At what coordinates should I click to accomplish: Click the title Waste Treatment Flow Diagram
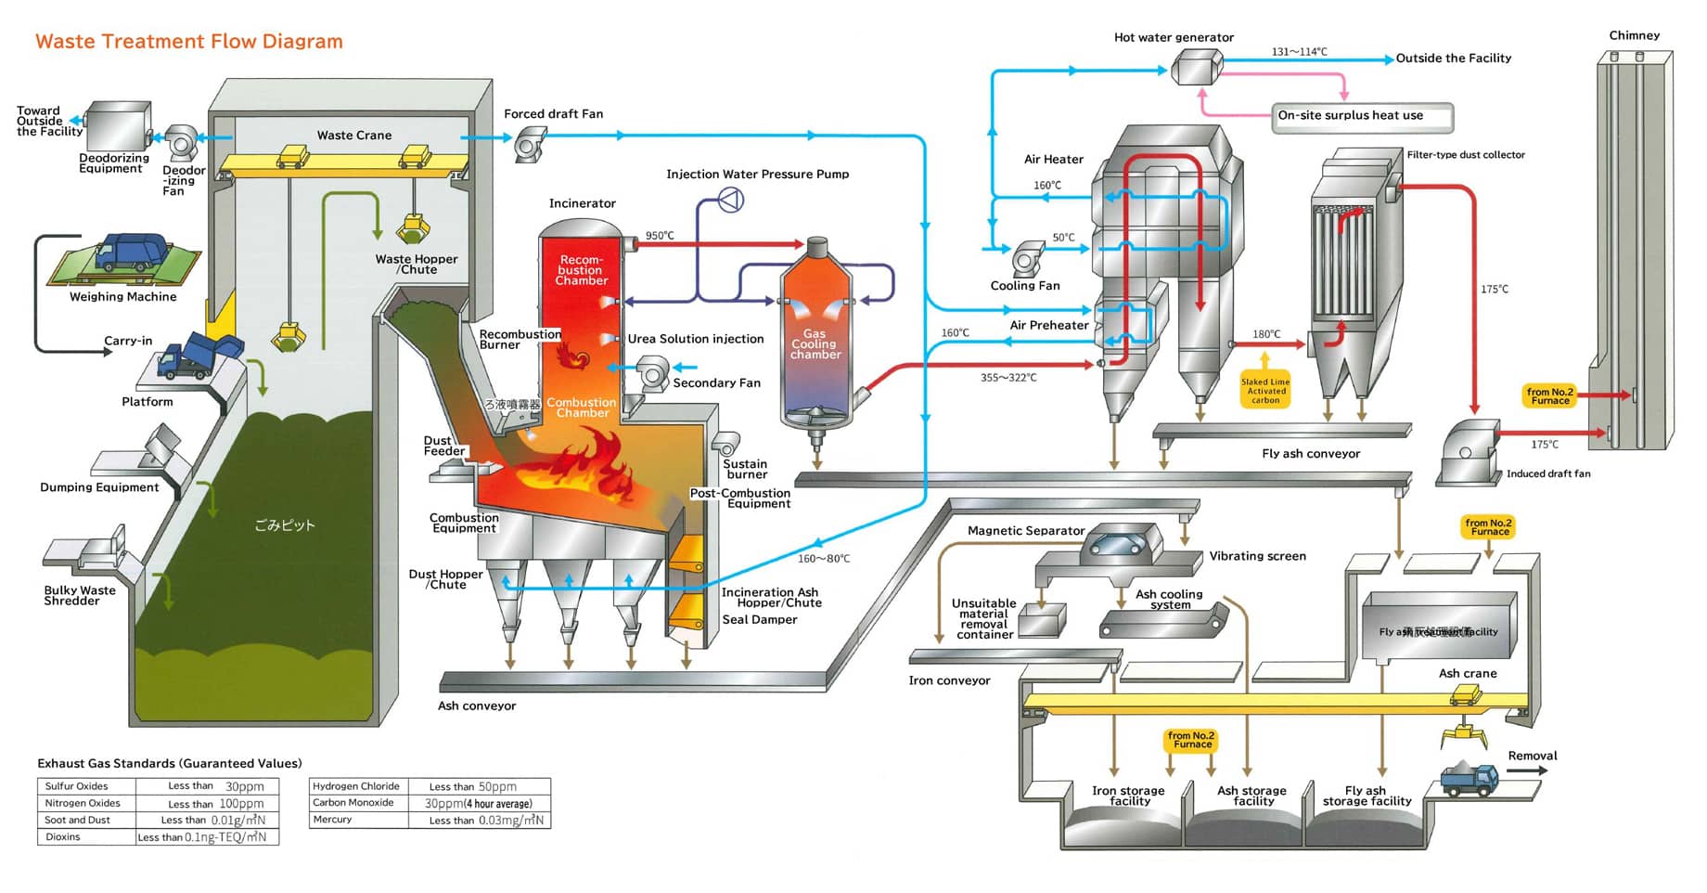[x=189, y=42]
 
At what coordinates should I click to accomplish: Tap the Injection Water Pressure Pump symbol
[x=731, y=199]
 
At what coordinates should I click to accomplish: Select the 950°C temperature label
[x=660, y=236]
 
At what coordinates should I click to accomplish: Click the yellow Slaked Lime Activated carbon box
[x=1265, y=391]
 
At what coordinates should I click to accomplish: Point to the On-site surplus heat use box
[x=1361, y=117]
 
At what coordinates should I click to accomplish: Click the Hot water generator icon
[x=1197, y=67]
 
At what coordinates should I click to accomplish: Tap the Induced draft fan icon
[x=1469, y=453]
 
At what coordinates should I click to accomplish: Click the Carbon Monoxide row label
[x=353, y=803]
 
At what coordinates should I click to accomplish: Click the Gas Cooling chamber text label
[x=815, y=344]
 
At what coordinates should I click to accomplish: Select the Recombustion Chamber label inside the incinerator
[x=582, y=270]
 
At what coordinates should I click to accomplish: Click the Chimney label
[x=1634, y=35]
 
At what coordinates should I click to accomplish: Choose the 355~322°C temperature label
[x=1008, y=378]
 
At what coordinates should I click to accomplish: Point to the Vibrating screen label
[x=1257, y=556]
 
